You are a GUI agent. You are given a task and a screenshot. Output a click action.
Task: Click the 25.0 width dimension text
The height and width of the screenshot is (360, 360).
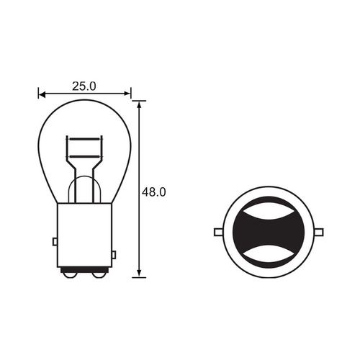click(84, 86)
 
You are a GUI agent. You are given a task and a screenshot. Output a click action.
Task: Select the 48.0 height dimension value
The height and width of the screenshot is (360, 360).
click(154, 192)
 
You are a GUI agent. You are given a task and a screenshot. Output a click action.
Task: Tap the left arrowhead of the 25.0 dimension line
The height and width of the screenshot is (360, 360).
click(41, 94)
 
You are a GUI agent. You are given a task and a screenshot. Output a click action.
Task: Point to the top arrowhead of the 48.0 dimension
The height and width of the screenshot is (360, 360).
click(139, 105)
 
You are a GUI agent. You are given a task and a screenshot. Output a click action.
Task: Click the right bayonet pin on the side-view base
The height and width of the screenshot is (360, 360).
click(114, 255)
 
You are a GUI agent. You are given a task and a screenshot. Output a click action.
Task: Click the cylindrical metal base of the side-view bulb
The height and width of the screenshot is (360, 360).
click(84, 234)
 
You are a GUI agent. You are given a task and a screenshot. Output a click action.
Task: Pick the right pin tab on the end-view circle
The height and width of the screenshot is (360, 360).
click(319, 232)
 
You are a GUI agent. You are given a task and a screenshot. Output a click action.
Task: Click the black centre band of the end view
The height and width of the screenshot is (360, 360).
click(269, 232)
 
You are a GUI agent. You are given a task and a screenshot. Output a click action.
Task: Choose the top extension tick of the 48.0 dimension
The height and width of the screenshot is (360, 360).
click(139, 101)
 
